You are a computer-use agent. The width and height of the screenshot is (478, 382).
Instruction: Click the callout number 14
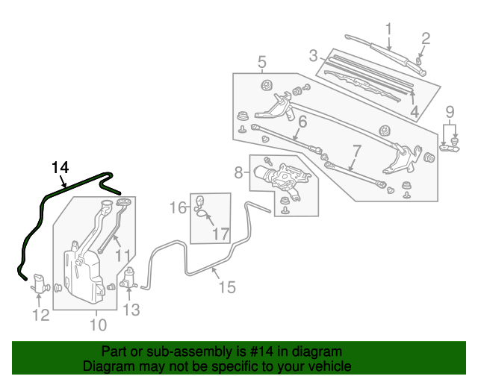[x=60, y=167]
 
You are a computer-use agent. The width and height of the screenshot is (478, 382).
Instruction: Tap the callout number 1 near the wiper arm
[x=388, y=29]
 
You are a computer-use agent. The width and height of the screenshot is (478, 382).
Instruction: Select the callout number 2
[x=426, y=38]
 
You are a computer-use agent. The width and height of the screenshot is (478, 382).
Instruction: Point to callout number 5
[x=262, y=62]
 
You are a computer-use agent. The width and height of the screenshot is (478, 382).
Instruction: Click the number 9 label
[x=450, y=113]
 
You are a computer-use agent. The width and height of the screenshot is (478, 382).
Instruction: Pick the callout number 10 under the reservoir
[x=99, y=325]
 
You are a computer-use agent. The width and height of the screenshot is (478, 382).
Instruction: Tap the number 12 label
[x=40, y=315]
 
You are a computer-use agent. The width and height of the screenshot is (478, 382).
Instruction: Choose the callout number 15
[x=226, y=286]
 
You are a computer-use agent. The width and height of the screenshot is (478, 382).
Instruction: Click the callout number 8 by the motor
[x=239, y=173]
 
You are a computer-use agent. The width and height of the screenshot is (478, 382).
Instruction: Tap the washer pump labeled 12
[x=41, y=284]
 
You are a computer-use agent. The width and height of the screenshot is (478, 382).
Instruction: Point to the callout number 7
[x=356, y=150]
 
